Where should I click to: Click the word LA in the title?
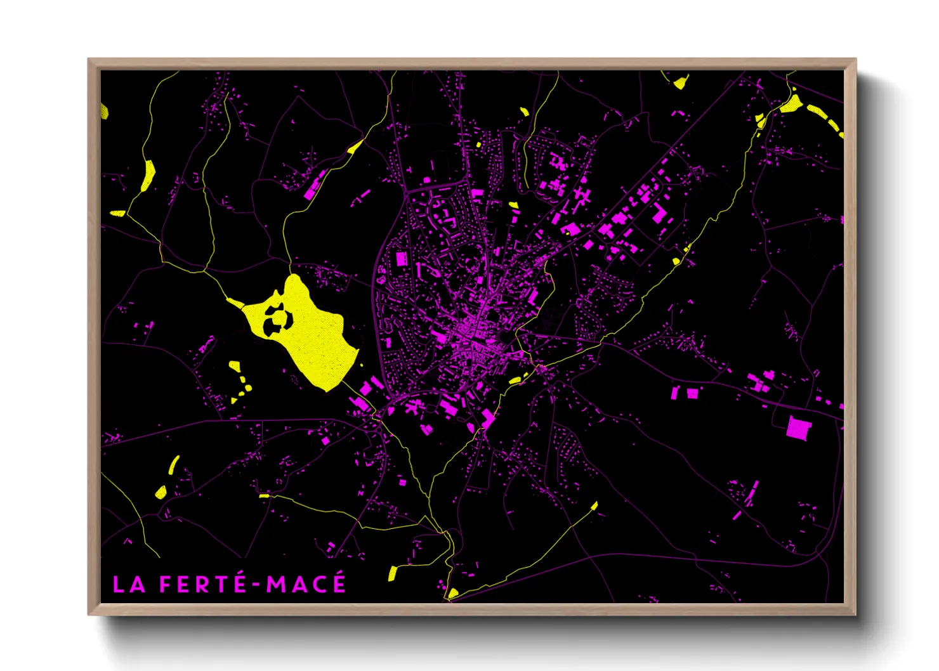tap(129, 585)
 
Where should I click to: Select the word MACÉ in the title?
tap(306, 583)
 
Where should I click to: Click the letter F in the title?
tap(166, 585)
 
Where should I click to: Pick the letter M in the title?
tap(276, 585)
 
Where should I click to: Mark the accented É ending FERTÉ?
tap(239, 583)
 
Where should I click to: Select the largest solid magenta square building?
tap(799, 427)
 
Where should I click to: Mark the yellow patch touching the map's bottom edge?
tap(452, 594)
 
